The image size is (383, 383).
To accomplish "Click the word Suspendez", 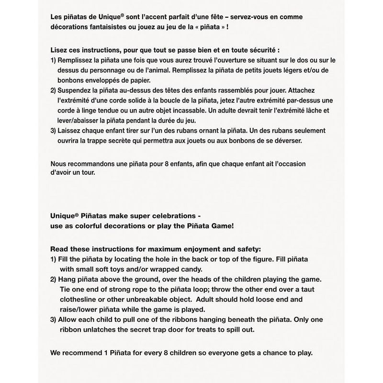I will pos(77,90).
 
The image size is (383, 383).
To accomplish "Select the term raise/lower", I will pos(79,309).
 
